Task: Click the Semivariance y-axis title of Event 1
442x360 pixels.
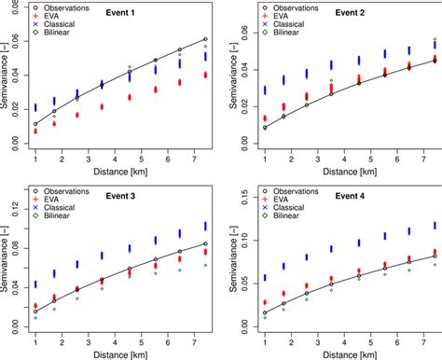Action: pos(7,89)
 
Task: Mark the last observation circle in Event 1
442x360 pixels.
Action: pos(205,39)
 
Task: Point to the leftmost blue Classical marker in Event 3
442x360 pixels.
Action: pos(36,284)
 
